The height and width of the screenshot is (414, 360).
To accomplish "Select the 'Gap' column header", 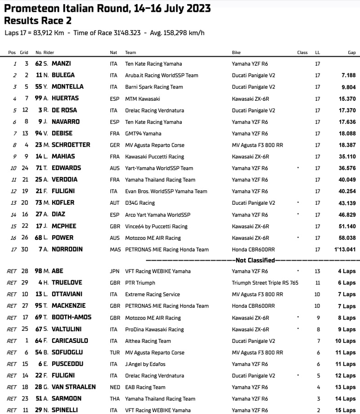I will [351, 53].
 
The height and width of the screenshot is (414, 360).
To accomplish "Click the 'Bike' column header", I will [236, 53].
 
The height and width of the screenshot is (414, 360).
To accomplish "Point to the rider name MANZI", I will [61, 64].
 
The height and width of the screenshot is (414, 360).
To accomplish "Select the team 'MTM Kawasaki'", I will [142, 99].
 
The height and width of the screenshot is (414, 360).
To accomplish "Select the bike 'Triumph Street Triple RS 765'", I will [265, 283].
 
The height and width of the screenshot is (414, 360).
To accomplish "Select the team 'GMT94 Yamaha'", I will [143, 134].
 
